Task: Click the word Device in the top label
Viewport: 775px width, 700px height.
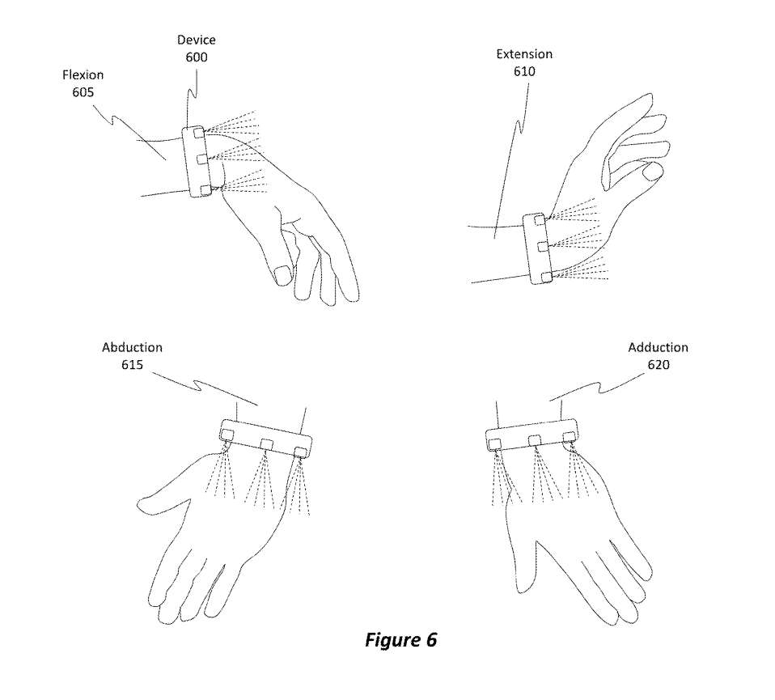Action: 197,40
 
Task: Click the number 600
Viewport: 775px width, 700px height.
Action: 197,57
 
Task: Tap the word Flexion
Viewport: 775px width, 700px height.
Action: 83,74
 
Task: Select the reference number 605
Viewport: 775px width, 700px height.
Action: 83,92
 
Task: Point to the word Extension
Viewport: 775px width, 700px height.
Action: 524,54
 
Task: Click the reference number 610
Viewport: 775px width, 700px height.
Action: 524,71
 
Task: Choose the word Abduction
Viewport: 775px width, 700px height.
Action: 132,347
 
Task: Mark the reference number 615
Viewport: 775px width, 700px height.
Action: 132,364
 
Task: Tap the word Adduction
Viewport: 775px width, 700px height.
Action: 658,347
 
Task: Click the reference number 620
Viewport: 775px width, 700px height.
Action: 659,364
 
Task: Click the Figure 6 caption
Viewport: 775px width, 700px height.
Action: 400,639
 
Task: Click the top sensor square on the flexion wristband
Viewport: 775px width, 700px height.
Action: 199,134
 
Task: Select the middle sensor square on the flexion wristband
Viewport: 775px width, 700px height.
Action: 201,159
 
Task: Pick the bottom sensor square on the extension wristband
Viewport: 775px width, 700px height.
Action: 546,277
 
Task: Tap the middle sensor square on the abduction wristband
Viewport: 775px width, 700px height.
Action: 266,444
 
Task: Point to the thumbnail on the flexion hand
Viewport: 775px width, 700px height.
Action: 283,274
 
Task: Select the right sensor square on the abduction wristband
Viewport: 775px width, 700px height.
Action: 300,452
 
